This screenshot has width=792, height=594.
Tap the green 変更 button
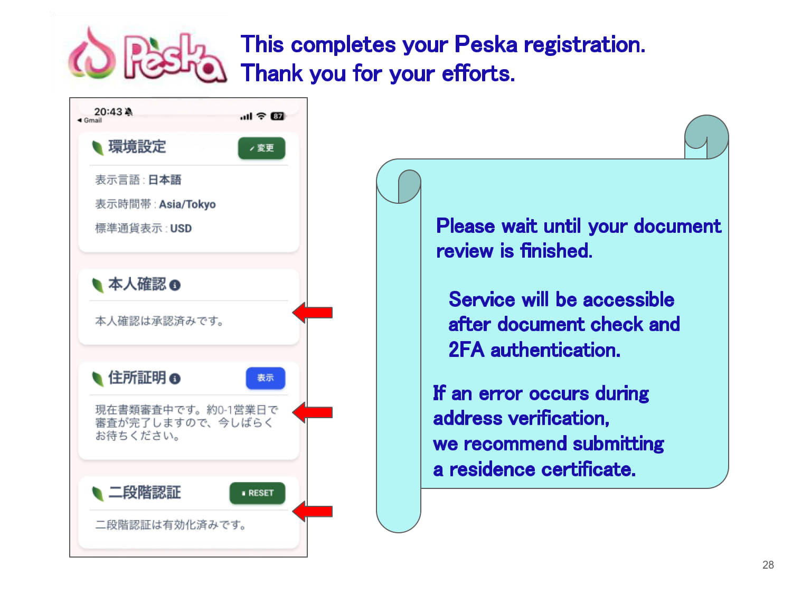point(261,148)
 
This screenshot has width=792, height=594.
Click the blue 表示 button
point(265,378)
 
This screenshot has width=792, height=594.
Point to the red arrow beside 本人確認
point(312,313)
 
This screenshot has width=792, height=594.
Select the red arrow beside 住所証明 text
point(312,412)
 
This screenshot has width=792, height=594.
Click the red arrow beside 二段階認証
point(312,511)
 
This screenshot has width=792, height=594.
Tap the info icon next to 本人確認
point(175,285)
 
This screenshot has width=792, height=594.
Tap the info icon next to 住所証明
point(175,379)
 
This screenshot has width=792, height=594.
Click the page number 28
point(768,564)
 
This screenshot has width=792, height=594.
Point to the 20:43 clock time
point(108,111)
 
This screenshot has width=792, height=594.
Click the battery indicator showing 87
point(278,116)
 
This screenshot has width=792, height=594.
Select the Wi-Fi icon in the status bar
point(261,116)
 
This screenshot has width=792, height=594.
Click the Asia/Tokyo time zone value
point(187,204)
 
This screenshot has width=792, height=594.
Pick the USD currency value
point(181,228)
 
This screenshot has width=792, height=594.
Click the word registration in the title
point(584,45)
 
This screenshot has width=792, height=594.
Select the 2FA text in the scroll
point(466,350)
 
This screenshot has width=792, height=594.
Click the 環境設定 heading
point(137,147)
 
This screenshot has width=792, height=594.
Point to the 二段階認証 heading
point(144,492)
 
